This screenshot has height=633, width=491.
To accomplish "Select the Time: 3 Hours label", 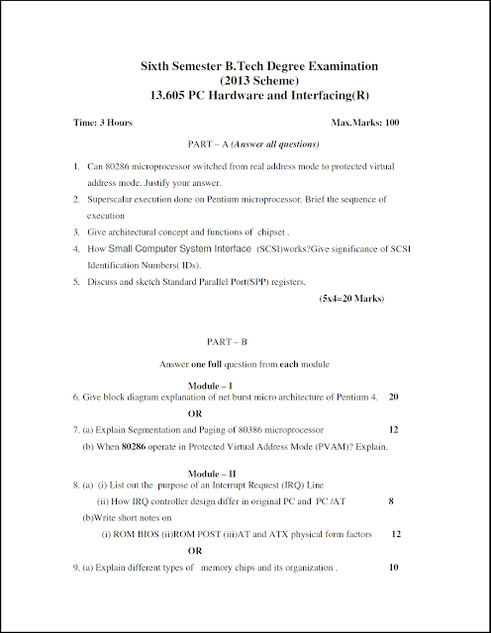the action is (x=103, y=123).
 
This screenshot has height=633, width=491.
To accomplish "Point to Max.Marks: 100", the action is (x=364, y=123).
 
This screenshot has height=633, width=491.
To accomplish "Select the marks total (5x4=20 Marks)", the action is (x=350, y=298).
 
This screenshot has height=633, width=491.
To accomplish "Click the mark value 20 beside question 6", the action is (x=393, y=397).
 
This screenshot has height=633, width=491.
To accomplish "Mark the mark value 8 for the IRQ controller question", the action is (x=391, y=501).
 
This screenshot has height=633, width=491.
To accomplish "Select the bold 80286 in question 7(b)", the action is (x=134, y=446).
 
